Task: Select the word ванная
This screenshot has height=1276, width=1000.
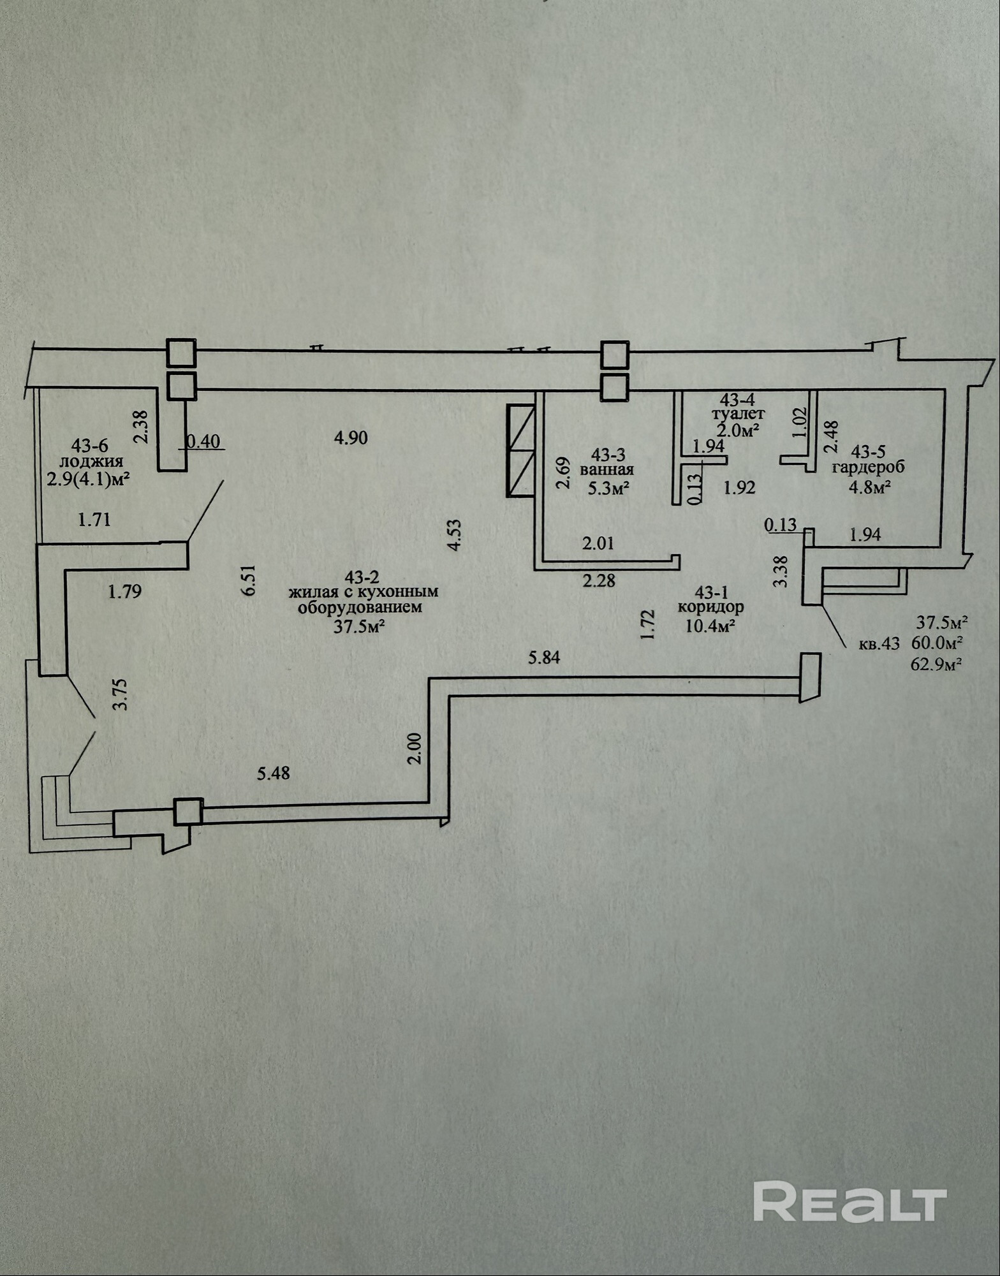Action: [607, 470]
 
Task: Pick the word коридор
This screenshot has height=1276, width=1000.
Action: [710, 606]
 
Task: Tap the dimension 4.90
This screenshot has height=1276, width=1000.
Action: [351, 437]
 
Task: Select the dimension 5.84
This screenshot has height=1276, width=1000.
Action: [544, 657]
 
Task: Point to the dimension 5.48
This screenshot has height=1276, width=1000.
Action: [273, 774]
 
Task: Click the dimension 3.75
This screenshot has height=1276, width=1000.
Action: [124, 694]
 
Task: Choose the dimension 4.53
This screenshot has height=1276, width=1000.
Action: [455, 534]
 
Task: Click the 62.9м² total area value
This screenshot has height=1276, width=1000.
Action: [939, 665]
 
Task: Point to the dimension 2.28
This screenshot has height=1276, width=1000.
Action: [599, 581]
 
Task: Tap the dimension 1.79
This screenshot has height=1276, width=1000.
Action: [124, 592]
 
